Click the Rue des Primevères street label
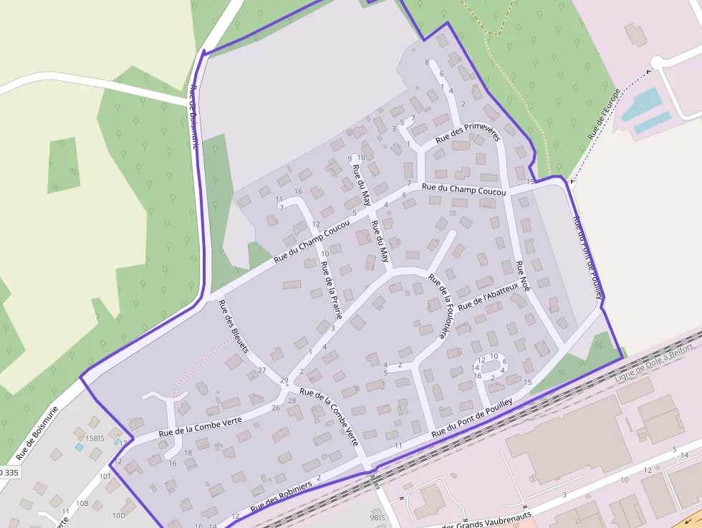467,132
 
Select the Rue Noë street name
523,276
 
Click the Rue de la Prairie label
331,289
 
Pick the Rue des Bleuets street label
234,326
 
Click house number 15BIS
95,438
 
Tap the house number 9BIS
378,517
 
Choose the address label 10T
105,476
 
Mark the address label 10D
118,515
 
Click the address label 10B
82,503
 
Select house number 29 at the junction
284,380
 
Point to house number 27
262,370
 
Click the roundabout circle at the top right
658,62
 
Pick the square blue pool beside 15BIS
80,446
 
